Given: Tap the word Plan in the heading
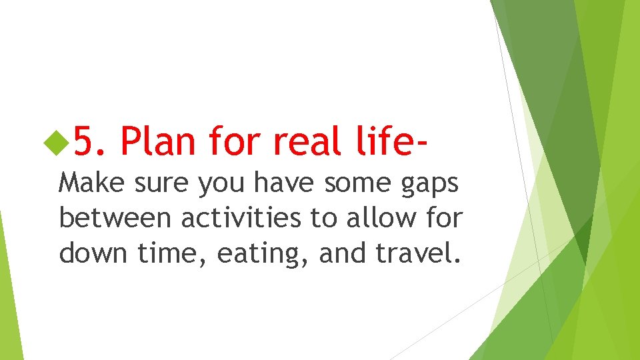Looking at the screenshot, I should click(159, 141).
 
